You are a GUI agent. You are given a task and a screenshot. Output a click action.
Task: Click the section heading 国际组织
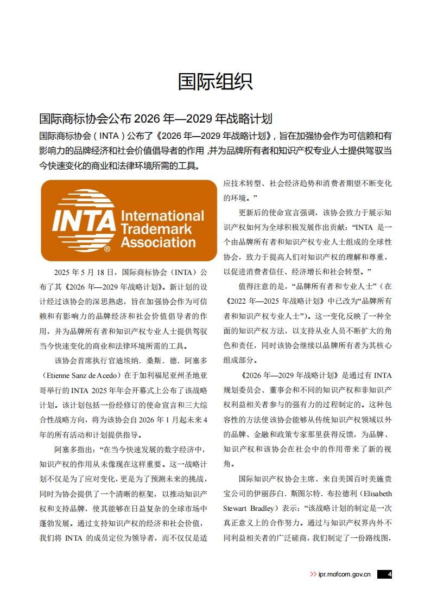[x=215, y=82]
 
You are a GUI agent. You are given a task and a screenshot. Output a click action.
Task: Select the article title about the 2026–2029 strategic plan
[x=156, y=119]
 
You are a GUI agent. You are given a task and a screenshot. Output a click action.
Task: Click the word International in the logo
[x=162, y=216]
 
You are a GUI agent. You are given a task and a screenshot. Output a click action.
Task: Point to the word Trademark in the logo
[x=157, y=229]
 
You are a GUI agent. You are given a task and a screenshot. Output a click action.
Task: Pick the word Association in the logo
[x=162, y=242]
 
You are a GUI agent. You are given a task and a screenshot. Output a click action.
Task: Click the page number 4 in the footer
[x=389, y=574]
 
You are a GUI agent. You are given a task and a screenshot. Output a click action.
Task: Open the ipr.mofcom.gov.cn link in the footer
[x=344, y=574]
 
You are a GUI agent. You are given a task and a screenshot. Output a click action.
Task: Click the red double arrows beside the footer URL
[x=313, y=574]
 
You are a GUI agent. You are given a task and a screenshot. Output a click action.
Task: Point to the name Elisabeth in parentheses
[x=378, y=494]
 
